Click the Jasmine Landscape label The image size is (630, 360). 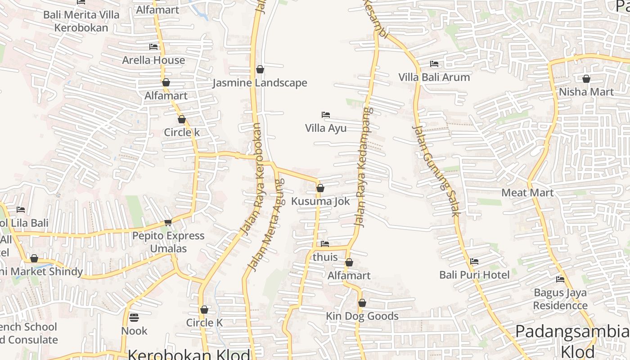pyautogui.click(x=260, y=83)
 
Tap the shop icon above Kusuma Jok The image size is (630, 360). pyautogui.click(x=320, y=188)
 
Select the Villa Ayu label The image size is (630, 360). pyautogui.click(x=326, y=128)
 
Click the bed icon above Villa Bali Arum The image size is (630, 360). pyautogui.click(x=434, y=64)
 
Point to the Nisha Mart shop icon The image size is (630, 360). pyautogui.click(x=586, y=79)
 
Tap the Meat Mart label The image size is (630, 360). pyautogui.click(x=527, y=193)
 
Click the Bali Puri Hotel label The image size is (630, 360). pyautogui.click(x=474, y=274)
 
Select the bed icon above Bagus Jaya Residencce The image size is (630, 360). pyautogui.click(x=560, y=279)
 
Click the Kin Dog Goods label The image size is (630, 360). pyautogui.click(x=362, y=316)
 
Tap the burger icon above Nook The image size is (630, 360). pyautogui.click(x=134, y=318)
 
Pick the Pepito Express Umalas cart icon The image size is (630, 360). pyautogui.click(x=168, y=222)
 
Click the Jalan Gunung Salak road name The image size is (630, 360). pyautogui.click(x=435, y=171)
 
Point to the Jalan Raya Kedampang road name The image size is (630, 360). pyautogui.click(x=362, y=166)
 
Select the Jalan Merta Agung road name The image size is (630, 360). pyautogui.click(x=266, y=225)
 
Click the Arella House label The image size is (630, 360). pyautogui.click(x=153, y=60)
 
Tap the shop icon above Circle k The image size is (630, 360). pyautogui.click(x=181, y=120)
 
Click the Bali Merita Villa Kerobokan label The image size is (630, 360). pyautogui.click(x=81, y=21)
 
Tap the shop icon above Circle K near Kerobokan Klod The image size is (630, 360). pyautogui.click(x=204, y=310)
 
